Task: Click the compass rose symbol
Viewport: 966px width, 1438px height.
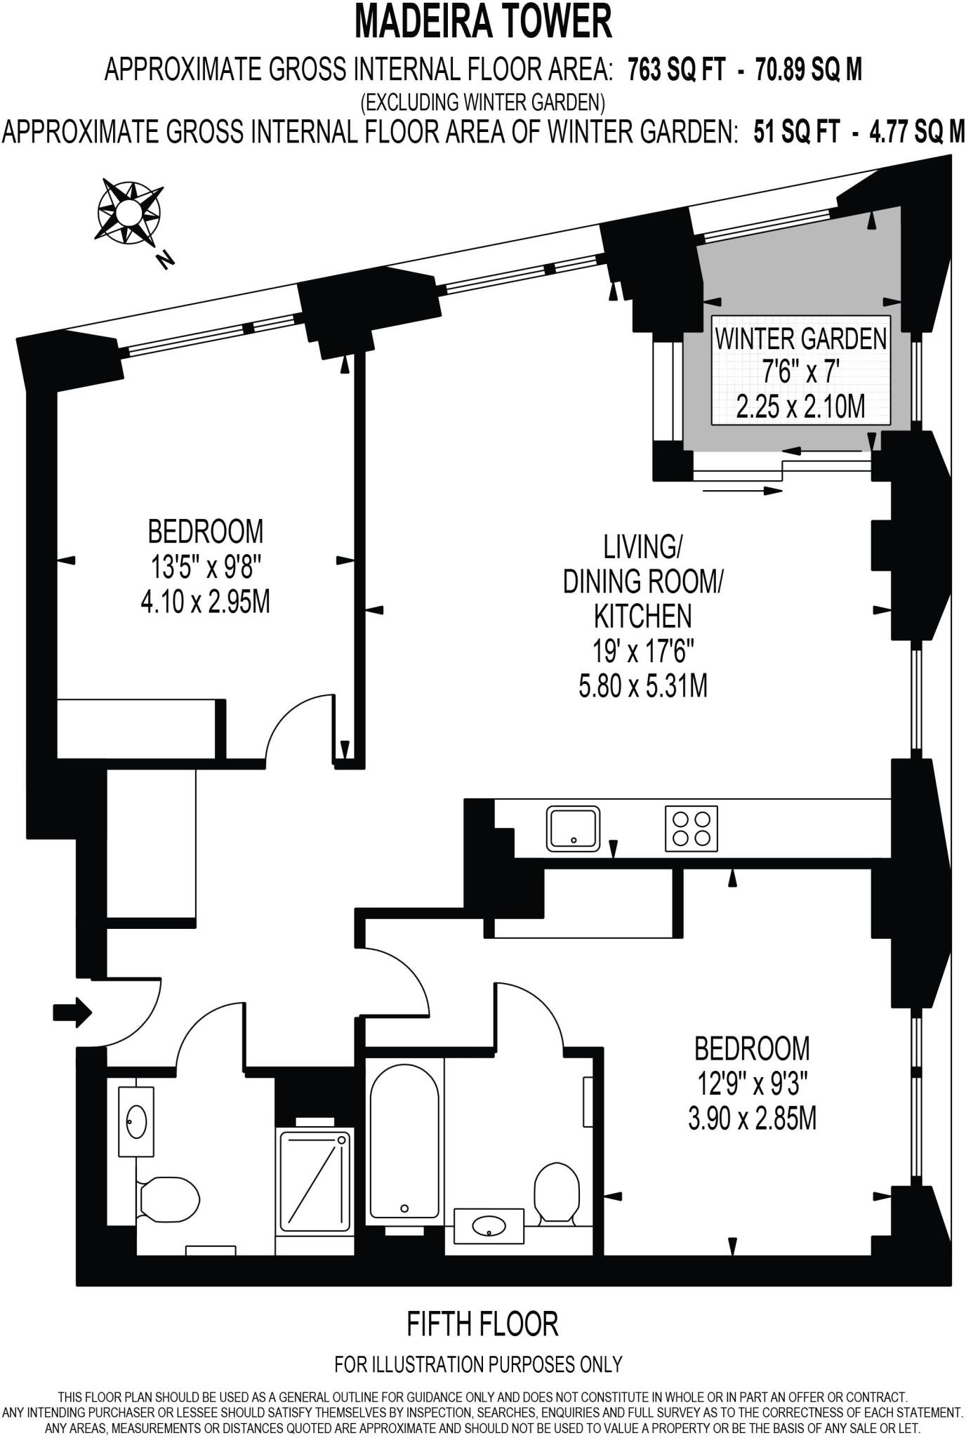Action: [129, 212]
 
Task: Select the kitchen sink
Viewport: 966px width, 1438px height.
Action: [573, 829]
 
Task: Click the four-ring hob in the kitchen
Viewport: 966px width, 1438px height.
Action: [692, 829]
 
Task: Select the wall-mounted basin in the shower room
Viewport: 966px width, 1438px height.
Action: [136, 1121]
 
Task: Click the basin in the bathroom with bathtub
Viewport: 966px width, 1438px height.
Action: [489, 1226]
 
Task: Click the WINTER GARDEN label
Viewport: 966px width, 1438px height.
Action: [800, 339]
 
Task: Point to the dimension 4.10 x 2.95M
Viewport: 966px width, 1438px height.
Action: [205, 602]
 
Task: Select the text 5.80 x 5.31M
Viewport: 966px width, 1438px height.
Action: [642, 686]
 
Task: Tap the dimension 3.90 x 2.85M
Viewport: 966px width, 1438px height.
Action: [752, 1118]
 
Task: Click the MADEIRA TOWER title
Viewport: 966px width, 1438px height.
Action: [483, 21]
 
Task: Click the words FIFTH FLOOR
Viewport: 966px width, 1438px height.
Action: [483, 1324]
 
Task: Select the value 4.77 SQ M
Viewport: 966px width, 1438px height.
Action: [917, 131]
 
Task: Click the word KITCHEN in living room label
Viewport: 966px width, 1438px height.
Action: [642, 616]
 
